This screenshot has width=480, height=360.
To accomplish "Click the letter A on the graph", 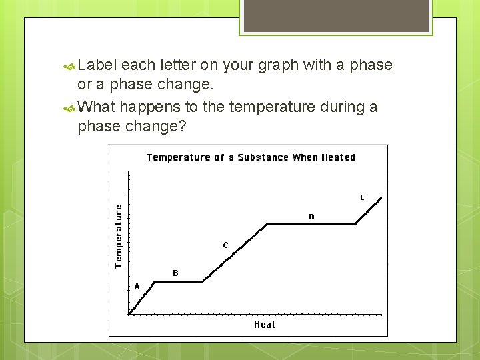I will point(137,287).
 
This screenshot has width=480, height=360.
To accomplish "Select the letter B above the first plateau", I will point(175,273).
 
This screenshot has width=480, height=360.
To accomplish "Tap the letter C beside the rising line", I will point(225,245).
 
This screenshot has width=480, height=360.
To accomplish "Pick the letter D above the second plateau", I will point(311,217).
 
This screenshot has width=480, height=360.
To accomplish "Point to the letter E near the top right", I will point(362,197).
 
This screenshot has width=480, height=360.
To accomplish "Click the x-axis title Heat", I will point(264,325).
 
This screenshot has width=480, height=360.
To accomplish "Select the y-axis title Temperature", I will point(119,236).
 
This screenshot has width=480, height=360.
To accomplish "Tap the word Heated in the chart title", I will point(339,157).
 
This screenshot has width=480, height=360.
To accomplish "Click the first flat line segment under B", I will point(178,282).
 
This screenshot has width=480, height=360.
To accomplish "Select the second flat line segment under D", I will point(311,225).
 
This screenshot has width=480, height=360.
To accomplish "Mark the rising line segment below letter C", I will point(233,254).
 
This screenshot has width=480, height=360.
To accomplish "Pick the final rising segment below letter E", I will point(369,210).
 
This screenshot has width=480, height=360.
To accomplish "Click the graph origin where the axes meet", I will point(129,314).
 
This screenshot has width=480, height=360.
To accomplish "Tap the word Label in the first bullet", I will point(99,65).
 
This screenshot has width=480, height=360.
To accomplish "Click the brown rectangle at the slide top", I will point(335,15).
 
